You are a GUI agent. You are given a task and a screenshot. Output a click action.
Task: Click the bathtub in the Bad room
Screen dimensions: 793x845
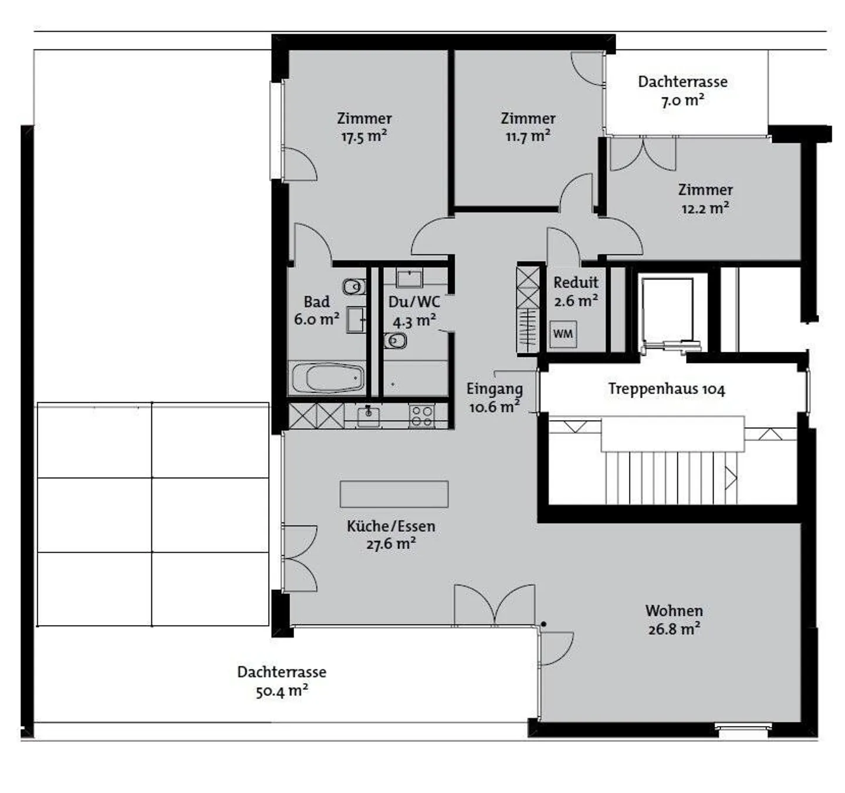327,379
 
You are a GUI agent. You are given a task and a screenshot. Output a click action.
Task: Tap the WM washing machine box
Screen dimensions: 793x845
563,334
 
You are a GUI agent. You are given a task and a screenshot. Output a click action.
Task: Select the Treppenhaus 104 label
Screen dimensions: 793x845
666,389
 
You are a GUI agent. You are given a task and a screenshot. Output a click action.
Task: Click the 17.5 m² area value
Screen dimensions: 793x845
364,137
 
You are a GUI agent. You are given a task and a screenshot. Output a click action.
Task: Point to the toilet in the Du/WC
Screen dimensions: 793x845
395,340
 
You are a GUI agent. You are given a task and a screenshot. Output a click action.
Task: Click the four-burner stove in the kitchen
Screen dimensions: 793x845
421,416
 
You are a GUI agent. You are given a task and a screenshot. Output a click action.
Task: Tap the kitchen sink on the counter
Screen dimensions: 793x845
368,416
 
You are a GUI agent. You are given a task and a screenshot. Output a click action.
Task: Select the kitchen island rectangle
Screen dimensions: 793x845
394,494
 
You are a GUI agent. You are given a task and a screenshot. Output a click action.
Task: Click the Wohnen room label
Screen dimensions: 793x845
674,610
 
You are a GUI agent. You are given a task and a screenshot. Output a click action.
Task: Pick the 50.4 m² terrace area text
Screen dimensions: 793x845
282,691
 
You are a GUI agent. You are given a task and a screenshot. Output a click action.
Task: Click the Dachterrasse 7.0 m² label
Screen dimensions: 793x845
682,90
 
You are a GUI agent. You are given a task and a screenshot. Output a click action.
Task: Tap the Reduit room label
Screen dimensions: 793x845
576,282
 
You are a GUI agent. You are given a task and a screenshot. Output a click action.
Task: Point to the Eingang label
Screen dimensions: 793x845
494,389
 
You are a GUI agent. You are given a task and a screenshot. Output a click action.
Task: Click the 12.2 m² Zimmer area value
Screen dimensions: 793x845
705,208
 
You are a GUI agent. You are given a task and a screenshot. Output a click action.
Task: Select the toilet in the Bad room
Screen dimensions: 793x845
354,287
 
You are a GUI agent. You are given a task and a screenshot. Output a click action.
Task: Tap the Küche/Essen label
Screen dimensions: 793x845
391,526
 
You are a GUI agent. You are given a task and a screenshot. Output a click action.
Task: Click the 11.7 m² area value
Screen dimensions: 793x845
528,137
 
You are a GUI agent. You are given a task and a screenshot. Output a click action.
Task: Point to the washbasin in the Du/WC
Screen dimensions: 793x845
409,278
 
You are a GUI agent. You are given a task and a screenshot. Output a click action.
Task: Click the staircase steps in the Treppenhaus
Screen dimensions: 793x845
669,477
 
